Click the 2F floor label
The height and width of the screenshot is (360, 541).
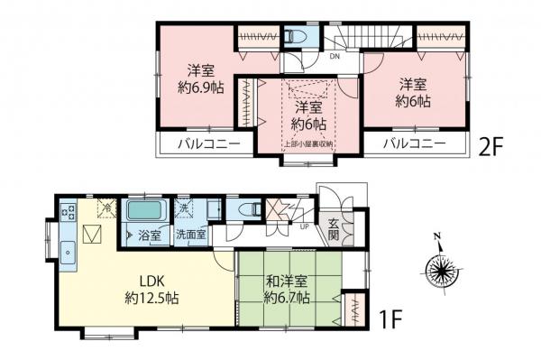(x=493, y=146)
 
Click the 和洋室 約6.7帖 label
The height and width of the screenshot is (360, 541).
(x=287, y=287)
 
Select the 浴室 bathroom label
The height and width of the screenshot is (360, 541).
(x=149, y=235)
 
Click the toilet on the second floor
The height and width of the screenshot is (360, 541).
(x=298, y=37)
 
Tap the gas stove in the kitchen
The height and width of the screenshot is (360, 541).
(x=68, y=214)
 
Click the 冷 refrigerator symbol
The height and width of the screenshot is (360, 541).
(x=106, y=208)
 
